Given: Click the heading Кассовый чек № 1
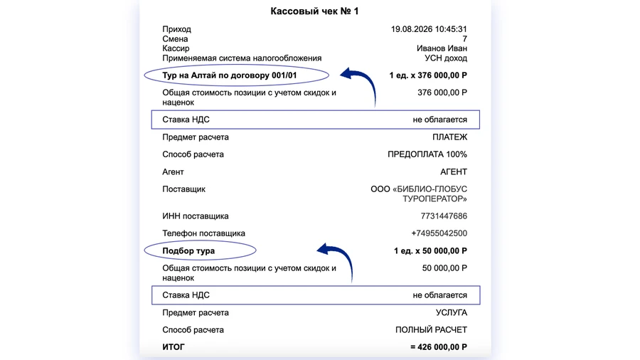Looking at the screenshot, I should coord(314,11).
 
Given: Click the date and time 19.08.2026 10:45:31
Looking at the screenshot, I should coord(429,29).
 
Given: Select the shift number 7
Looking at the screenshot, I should coord(464,39).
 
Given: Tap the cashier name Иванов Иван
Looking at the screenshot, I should coord(442,48).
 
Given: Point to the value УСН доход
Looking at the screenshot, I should coord(446,58).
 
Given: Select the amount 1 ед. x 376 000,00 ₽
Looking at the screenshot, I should coord(428,75).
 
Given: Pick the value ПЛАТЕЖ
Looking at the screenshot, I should coord(449,137).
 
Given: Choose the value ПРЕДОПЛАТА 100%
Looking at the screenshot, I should coord(427,154).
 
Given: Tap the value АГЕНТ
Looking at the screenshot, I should coord(454,171).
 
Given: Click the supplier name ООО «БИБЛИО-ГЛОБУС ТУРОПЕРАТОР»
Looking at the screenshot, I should coord(419,194).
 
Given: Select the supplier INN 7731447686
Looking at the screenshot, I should coord(444,216).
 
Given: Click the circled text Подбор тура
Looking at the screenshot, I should coord(188,250).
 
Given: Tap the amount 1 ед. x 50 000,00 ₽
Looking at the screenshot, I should coord(430,250).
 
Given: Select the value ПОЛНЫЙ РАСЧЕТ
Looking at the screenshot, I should coord(431,330).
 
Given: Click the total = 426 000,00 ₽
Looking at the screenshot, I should coord(438,347).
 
